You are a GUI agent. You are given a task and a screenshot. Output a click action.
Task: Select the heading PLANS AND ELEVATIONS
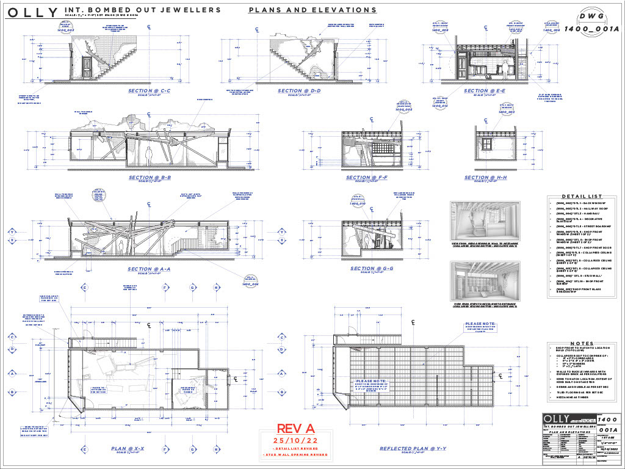[312, 10]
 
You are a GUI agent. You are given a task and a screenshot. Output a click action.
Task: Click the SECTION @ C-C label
[149, 91]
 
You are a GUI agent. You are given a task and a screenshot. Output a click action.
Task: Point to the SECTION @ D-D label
[298, 91]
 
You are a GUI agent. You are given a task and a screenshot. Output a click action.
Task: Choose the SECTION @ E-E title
[484, 91]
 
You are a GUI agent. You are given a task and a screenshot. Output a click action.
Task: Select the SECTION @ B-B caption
[149, 178]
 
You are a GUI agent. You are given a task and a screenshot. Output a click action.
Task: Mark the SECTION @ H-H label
[485, 178]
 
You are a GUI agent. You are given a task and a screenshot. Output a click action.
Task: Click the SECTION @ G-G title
[371, 268]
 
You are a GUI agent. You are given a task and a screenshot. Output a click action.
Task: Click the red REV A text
[290, 429]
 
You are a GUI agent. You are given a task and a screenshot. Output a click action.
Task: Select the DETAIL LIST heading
[582, 197]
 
